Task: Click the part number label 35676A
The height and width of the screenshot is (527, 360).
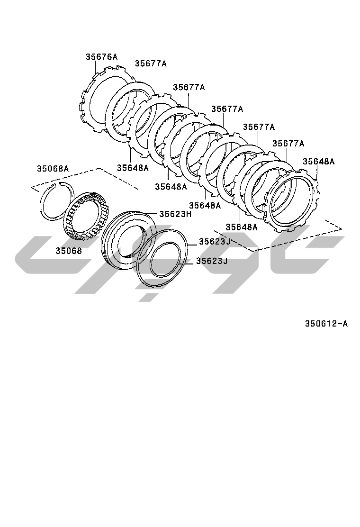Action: (101, 57)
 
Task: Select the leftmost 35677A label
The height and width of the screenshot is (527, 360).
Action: (151, 64)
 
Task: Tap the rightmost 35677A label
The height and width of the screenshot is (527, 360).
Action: (288, 144)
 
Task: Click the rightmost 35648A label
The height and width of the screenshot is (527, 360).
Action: (319, 161)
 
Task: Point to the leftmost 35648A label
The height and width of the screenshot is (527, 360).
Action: (133, 168)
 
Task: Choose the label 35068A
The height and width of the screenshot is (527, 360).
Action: (53, 168)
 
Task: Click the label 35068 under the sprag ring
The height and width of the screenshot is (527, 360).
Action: (69, 251)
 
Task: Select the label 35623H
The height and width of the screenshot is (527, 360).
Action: (175, 214)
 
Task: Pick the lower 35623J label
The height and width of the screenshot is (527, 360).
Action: (212, 261)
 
